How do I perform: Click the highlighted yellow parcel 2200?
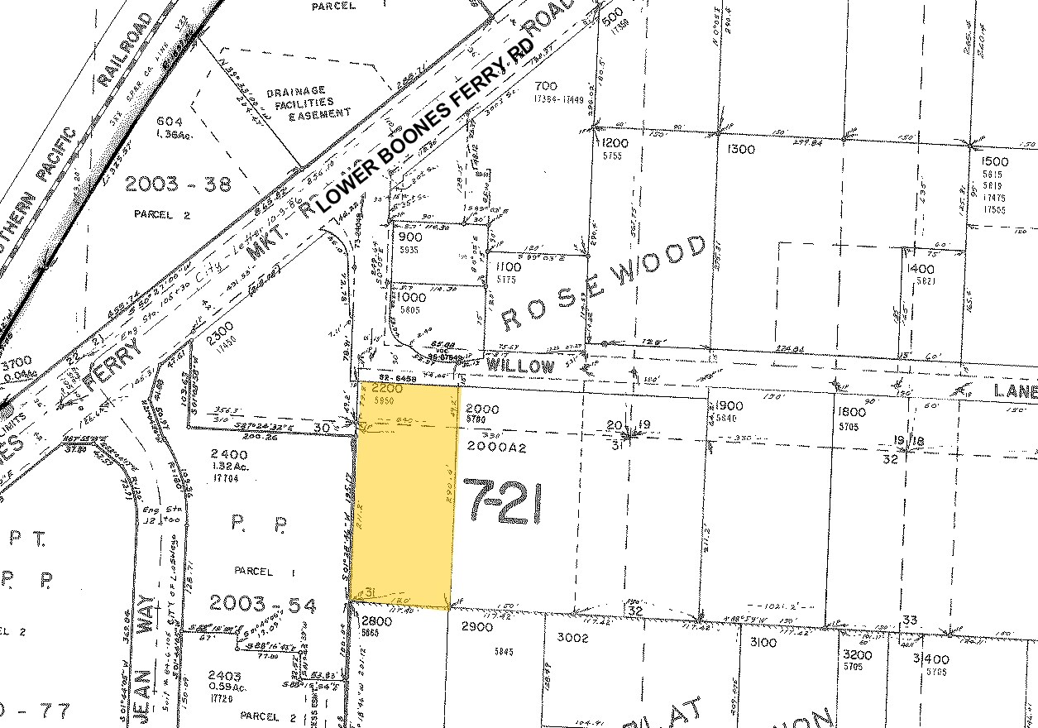(x=404, y=496)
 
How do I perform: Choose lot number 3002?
(x=572, y=638)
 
